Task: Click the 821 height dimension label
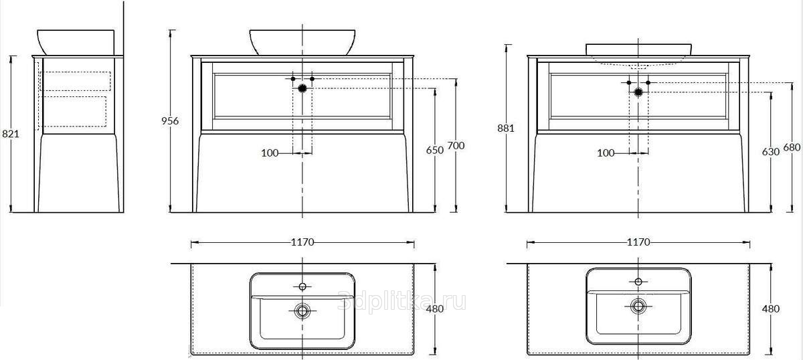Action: pos(11,134)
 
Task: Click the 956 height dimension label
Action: pos(169,121)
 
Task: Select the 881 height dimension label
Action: pos(506,128)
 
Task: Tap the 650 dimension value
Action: pos(435,151)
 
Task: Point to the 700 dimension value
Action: pos(456,146)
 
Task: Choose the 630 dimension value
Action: pos(771,152)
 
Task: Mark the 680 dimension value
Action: pos(792,147)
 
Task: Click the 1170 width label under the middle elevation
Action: pos(302,242)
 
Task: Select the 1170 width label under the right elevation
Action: pos(638,242)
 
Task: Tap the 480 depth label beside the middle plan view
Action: pos(435,308)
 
